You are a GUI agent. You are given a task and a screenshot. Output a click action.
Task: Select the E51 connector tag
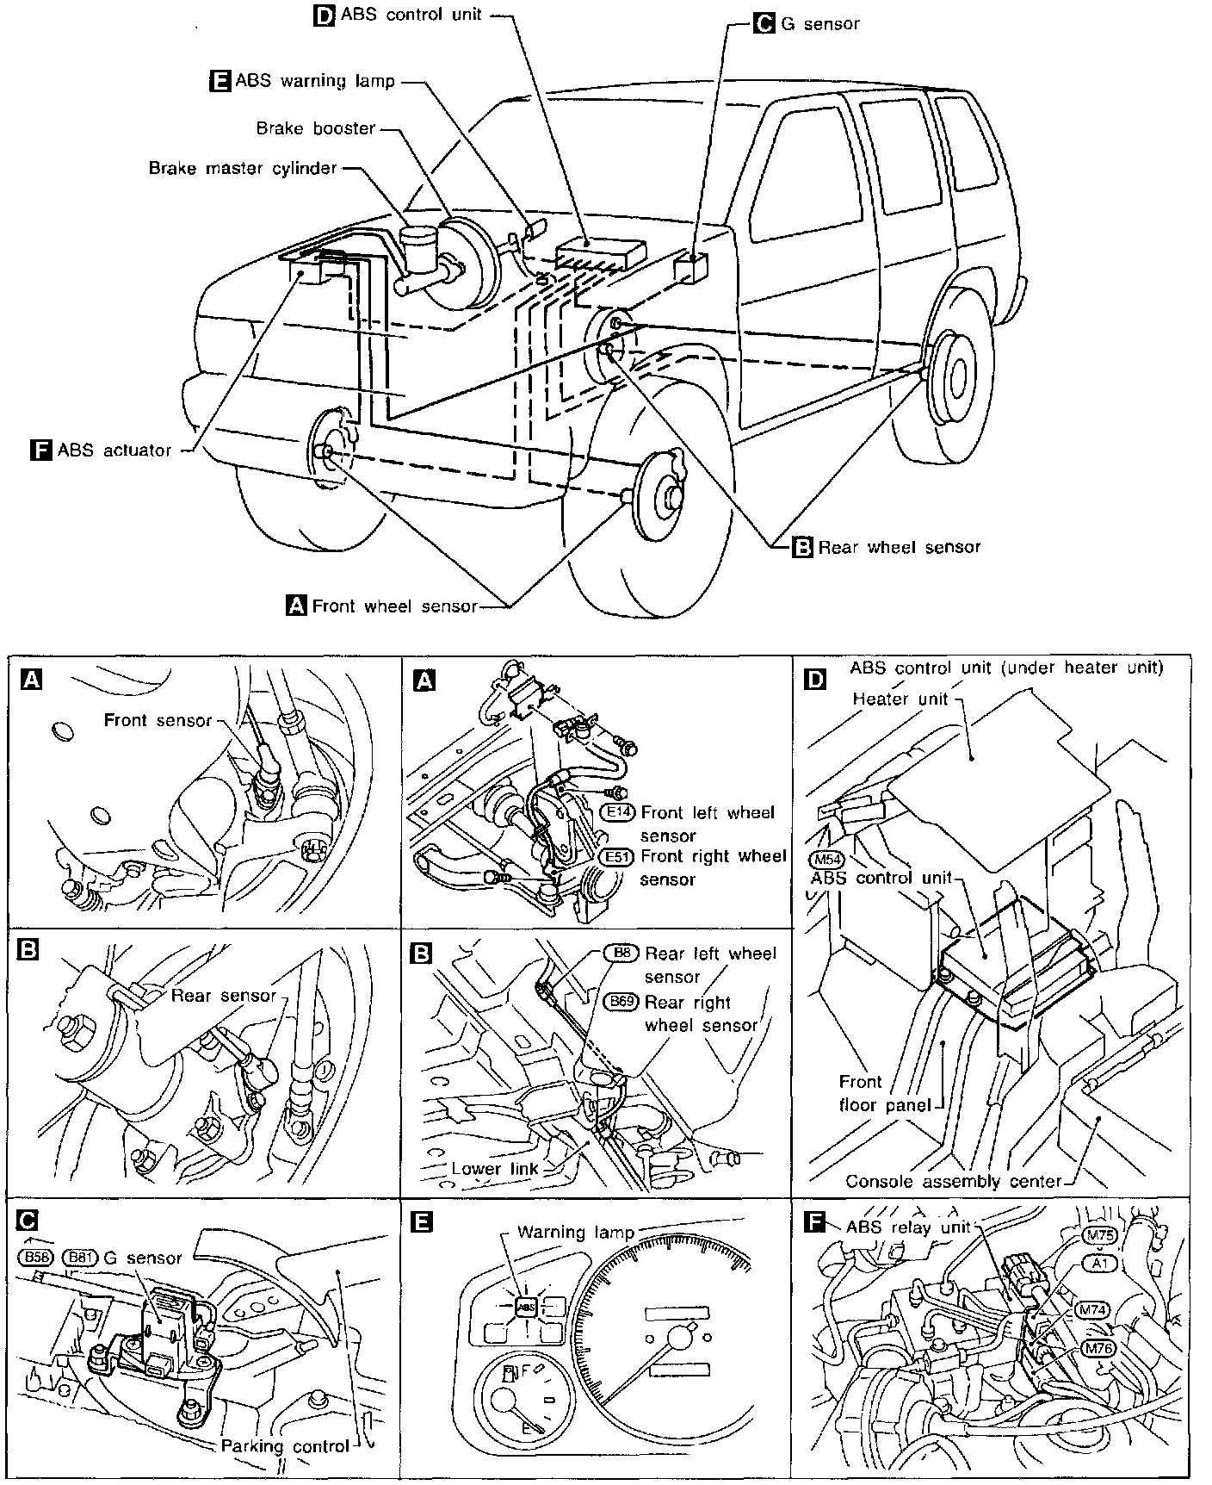coord(615,857)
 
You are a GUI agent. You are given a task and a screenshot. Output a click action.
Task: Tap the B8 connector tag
coord(622,953)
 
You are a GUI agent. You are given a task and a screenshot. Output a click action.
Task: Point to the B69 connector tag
coord(621,1002)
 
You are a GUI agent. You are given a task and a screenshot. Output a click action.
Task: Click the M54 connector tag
coord(826,860)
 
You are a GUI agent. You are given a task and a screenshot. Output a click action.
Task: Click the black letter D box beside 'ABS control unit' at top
coord(324,16)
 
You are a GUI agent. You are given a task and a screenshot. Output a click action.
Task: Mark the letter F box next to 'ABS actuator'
coord(40,450)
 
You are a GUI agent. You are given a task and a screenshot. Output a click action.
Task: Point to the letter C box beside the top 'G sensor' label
coord(763,23)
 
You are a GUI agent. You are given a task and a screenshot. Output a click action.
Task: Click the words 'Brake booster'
coord(316,128)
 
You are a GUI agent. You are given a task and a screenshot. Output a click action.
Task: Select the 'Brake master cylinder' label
coord(243,168)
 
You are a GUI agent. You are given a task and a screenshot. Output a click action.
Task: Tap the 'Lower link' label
coord(495,1168)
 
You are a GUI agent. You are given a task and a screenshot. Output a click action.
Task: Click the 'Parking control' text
coord(285,1445)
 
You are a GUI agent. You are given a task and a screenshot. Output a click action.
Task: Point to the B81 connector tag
coord(80,1257)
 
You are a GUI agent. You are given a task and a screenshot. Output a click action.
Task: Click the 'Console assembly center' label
coord(953,1181)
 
